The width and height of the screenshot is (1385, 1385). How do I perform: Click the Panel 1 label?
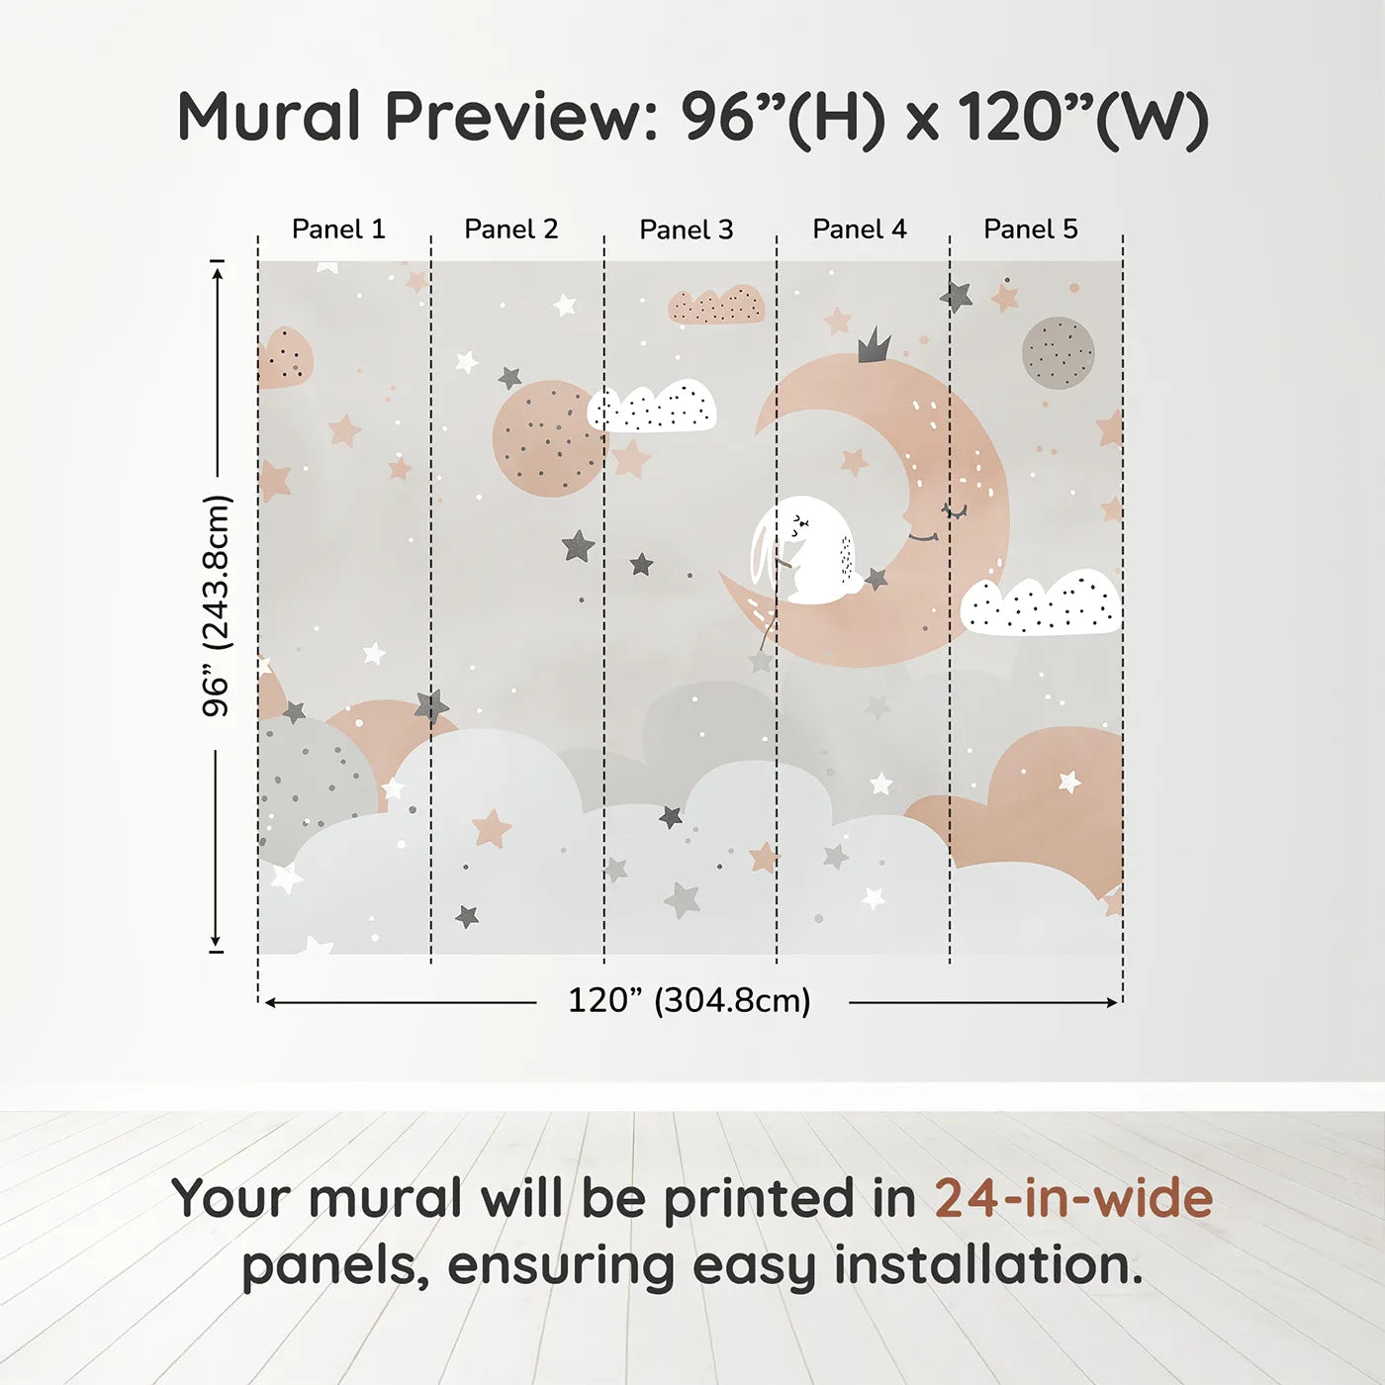tap(338, 230)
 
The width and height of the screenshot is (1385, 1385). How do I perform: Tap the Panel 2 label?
tap(511, 230)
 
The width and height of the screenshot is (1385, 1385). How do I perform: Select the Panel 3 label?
tap(687, 231)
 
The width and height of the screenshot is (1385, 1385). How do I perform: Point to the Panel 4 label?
tap(860, 230)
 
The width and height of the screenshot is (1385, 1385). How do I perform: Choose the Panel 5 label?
tap(1031, 230)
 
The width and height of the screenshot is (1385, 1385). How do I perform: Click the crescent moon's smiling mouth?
tap(923, 537)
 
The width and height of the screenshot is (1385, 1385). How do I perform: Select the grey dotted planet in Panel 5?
tap(1059, 353)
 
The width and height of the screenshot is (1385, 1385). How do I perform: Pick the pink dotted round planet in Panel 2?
tap(547, 438)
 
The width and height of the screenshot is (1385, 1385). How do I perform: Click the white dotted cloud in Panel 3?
tap(653, 408)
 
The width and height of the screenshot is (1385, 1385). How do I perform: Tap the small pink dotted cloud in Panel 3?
tap(716, 306)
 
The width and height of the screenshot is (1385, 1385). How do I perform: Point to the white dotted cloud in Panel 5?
tap(1041, 603)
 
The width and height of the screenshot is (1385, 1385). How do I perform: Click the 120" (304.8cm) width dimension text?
tap(690, 1000)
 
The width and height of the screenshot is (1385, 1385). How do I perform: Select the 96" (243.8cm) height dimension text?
tap(217, 605)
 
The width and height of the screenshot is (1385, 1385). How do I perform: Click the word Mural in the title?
tap(269, 117)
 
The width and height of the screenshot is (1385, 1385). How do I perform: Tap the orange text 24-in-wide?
tap(1073, 1198)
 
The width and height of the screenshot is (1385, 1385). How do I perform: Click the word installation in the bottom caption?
tap(987, 1265)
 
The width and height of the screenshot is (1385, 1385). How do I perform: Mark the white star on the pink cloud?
tap(1069, 782)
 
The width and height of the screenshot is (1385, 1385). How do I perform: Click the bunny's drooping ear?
tap(763, 554)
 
